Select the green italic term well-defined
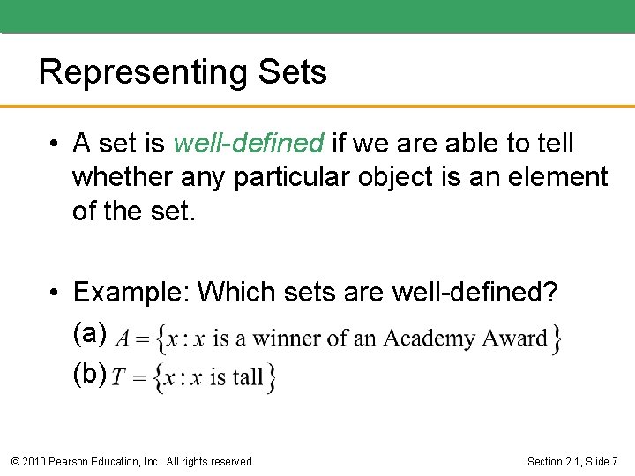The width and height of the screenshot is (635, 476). [x=250, y=143]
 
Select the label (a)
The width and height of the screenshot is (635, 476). [x=90, y=333]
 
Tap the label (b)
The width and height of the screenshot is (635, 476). [x=90, y=374]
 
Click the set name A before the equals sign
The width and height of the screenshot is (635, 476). [x=123, y=338]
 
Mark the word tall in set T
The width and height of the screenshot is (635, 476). [x=247, y=378]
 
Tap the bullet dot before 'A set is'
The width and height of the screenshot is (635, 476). [x=54, y=144]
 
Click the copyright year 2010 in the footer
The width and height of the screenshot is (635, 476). [x=35, y=461]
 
